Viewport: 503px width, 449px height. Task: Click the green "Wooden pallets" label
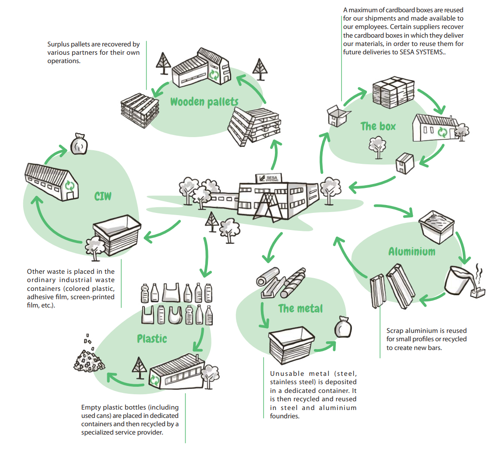pyautogui.click(x=204, y=102)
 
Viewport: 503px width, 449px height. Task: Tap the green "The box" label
pyautogui.click(x=378, y=127)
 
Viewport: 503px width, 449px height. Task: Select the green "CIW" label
pyautogui.click(x=103, y=196)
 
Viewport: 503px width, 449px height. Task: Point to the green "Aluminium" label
pyautogui.click(x=412, y=251)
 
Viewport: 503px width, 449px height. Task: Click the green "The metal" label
pyautogui.click(x=300, y=308)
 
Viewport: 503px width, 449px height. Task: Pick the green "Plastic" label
pyautogui.click(x=152, y=339)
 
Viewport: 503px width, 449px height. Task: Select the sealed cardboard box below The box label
pyautogui.click(x=405, y=163)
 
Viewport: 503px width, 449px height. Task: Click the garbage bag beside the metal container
pyautogui.click(x=343, y=328)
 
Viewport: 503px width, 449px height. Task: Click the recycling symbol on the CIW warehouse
pyautogui.click(x=70, y=186)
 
